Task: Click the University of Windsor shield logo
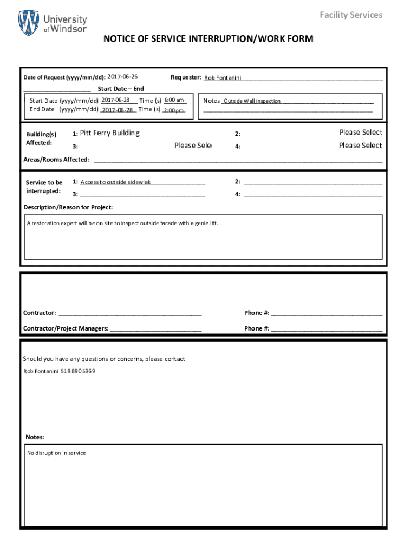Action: click(x=29, y=23)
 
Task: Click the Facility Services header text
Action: click(x=350, y=15)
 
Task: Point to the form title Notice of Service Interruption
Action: click(x=208, y=39)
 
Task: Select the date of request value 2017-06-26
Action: click(x=122, y=77)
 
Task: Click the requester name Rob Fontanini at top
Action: click(x=223, y=78)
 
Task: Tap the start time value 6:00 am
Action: click(x=174, y=100)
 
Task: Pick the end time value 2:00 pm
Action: click(x=174, y=110)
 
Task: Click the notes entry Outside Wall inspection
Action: click(x=252, y=101)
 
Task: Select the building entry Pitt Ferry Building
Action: click(x=109, y=133)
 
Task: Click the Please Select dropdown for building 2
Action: click(x=360, y=133)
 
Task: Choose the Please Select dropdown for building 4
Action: click(x=360, y=146)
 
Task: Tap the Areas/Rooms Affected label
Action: click(x=56, y=160)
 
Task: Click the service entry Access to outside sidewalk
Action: click(x=116, y=182)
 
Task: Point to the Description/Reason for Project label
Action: click(x=68, y=207)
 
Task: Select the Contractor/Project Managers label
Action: click(x=66, y=328)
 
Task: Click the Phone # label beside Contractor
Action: click(x=257, y=313)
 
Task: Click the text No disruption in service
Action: click(x=56, y=453)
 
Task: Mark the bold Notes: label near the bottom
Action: click(x=35, y=437)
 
